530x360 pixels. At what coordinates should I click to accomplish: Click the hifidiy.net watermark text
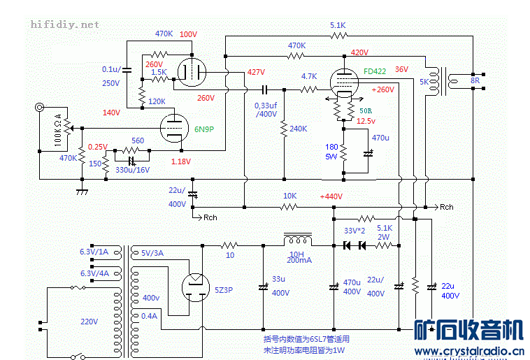pyautogui.click(x=64, y=24)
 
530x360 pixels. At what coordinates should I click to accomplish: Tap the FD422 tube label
pyautogui.click(x=375, y=71)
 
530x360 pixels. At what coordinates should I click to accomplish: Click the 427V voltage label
pyautogui.click(x=256, y=72)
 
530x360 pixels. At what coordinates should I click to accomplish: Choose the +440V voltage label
pyautogui.click(x=331, y=197)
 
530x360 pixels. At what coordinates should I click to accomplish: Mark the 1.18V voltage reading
pyautogui.click(x=180, y=162)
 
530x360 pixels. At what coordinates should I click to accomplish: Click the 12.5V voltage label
pyautogui.click(x=366, y=121)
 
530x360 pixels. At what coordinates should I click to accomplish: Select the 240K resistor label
pyautogui.click(x=298, y=129)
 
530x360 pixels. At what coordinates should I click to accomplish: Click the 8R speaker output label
pyautogui.click(x=475, y=80)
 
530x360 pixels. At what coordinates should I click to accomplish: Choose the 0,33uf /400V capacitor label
pyautogui.click(x=266, y=109)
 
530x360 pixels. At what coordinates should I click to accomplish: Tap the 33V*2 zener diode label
pyautogui.click(x=356, y=230)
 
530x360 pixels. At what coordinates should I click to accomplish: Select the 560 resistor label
pyautogui.click(x=138, y=141)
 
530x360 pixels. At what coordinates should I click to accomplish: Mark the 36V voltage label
pyautogui.click(x=401, y=69)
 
